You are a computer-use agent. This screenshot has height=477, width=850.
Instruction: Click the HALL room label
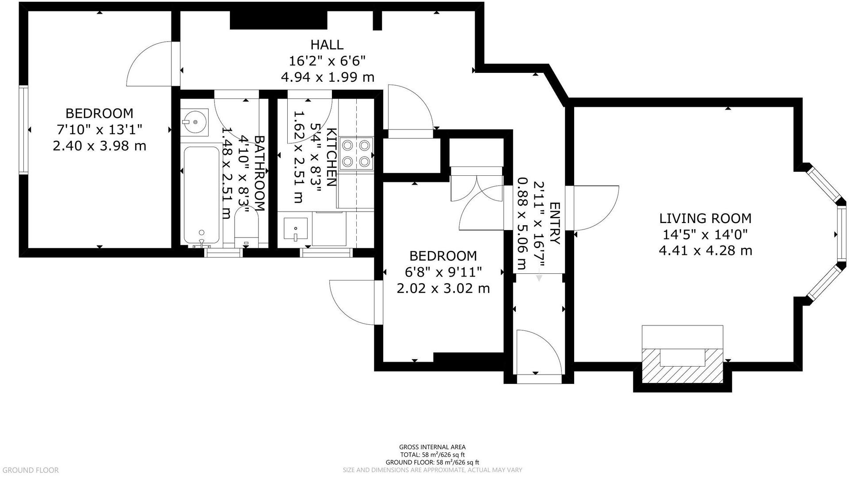coord(327,45)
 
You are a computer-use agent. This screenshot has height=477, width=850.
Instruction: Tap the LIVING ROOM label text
coord(705,218)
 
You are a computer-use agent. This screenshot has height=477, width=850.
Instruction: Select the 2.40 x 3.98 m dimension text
coord(99,146)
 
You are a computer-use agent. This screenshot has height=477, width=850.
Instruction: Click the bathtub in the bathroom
coord(202,194)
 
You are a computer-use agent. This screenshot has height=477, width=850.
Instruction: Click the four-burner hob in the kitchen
coord(356,153)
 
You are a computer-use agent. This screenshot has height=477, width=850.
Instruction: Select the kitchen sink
coord(295,230)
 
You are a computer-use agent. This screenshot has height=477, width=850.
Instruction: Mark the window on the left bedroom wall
coord(23,130)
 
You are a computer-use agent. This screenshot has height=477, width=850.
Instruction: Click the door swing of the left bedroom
coord(150,64)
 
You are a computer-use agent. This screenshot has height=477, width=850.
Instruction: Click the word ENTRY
coord(554,223)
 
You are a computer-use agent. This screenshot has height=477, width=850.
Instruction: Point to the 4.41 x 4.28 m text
coord(705,251)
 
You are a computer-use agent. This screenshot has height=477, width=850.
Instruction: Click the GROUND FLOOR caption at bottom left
coord(30,470)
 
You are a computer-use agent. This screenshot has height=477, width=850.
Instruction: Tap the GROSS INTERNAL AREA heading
coord(432,447)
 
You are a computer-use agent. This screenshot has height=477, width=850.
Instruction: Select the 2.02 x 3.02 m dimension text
coord(443,288)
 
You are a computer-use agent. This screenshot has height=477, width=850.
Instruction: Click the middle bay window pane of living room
coord(841,234)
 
